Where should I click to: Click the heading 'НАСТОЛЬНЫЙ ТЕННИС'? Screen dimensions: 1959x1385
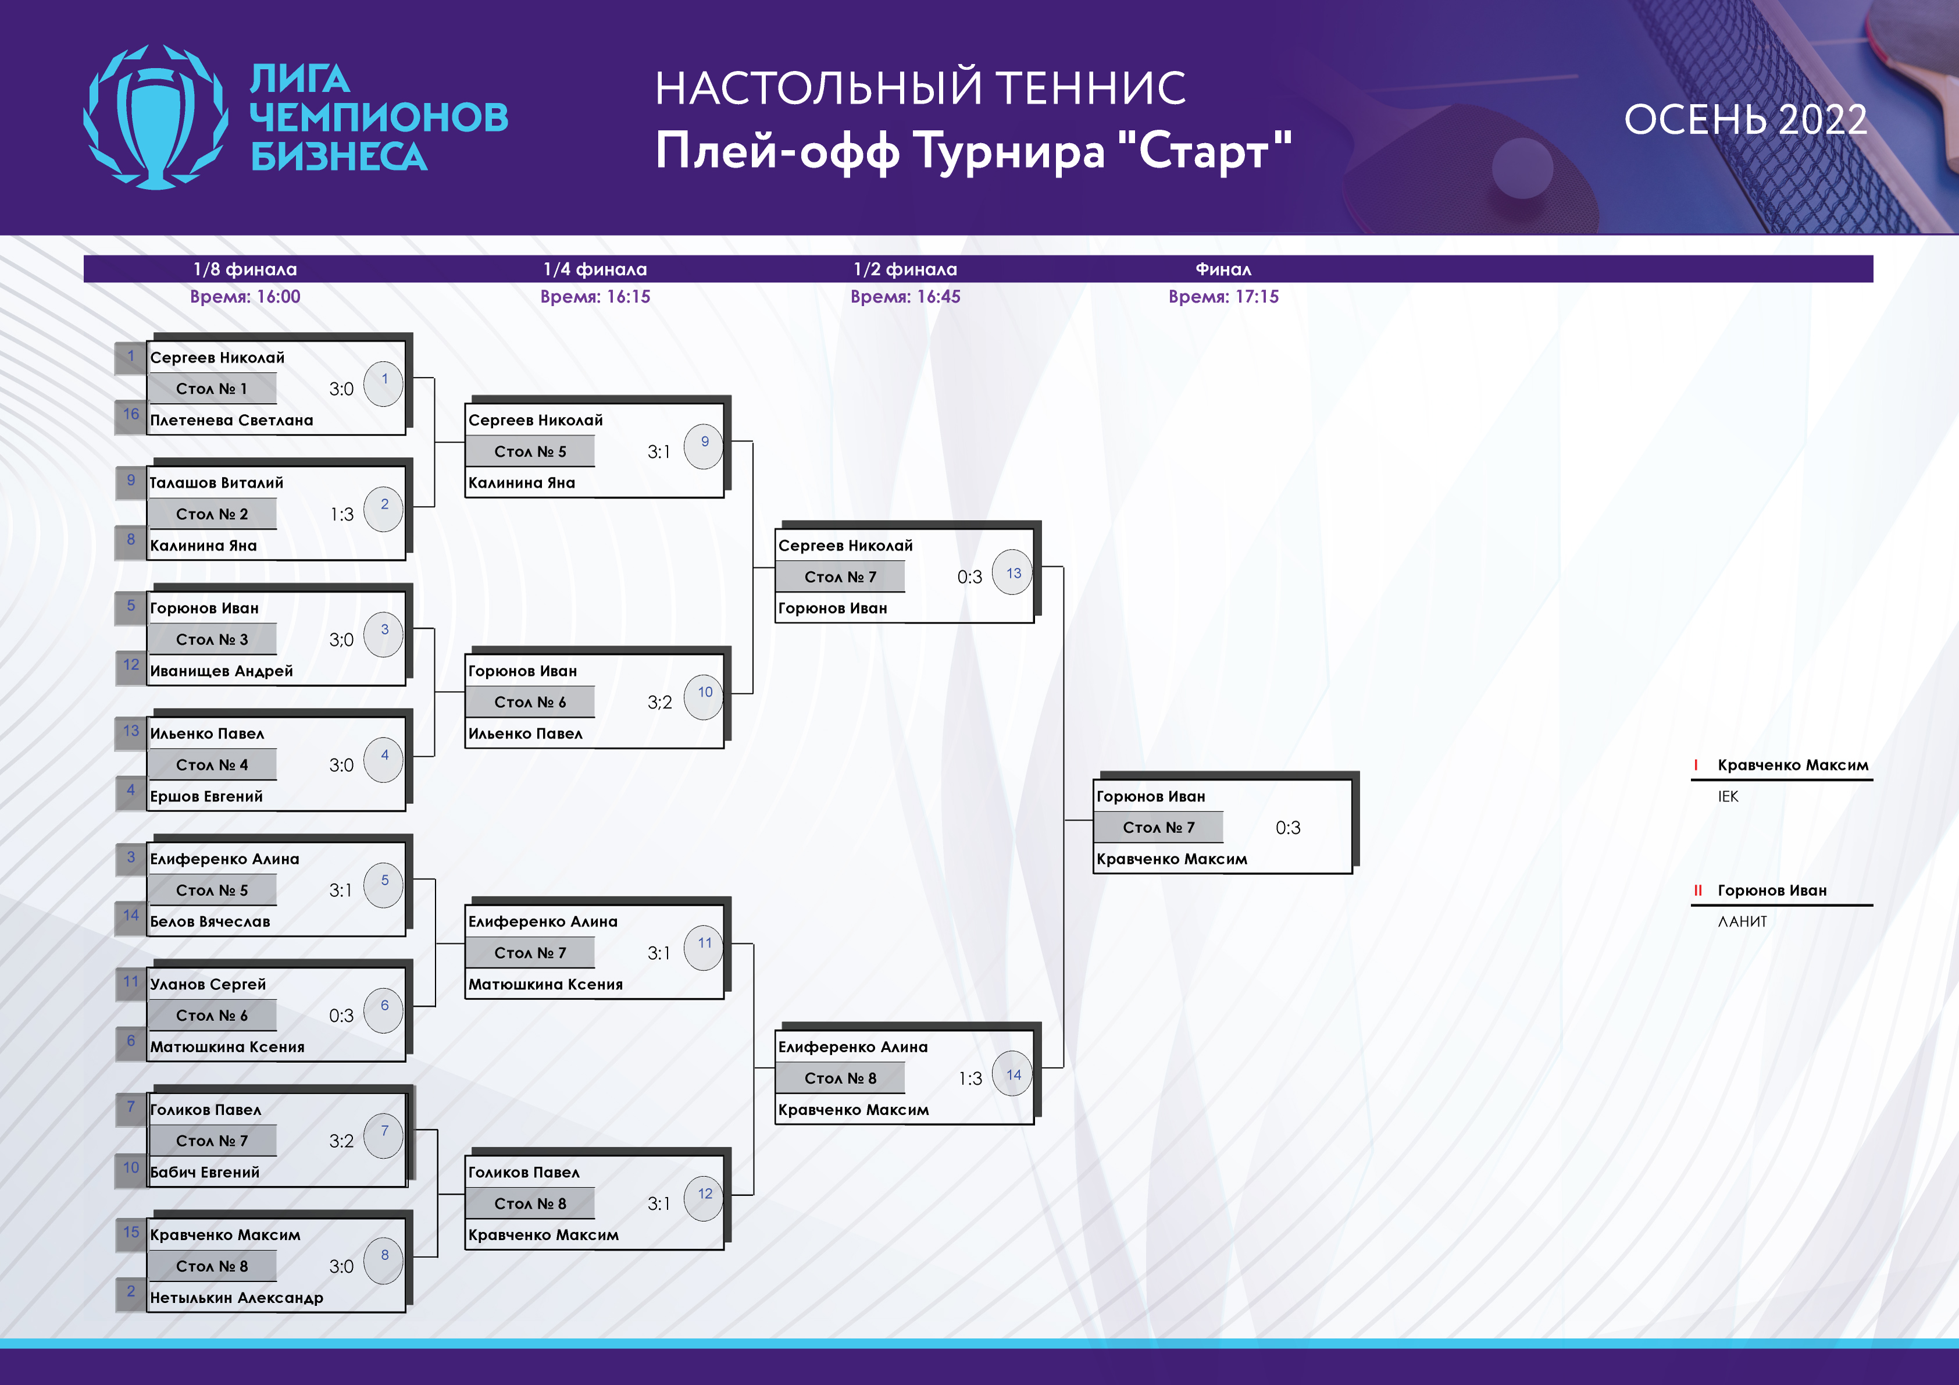point(920,88)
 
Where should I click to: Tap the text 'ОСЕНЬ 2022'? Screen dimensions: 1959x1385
point(1745,119)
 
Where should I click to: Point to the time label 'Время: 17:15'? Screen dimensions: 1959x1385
point(1223,297)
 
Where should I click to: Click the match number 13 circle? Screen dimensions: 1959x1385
point(1013,572)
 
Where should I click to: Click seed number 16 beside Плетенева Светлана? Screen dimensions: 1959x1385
point(131,414)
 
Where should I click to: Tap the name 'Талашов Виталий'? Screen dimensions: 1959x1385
point(217,483)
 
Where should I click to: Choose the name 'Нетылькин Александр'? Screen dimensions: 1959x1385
point(236,1298)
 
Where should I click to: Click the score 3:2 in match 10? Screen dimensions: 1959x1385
point(659,702)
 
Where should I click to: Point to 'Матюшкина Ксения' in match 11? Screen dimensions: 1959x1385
point(545,985)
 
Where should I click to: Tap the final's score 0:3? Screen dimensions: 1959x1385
point(1287,828)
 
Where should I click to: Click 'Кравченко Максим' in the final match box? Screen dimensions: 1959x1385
point(1172,859)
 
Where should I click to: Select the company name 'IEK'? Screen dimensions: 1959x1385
point(1728,797)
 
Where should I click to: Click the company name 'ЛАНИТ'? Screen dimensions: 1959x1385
point(1742,921)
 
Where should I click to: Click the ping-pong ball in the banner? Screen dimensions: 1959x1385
point(1523,168)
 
